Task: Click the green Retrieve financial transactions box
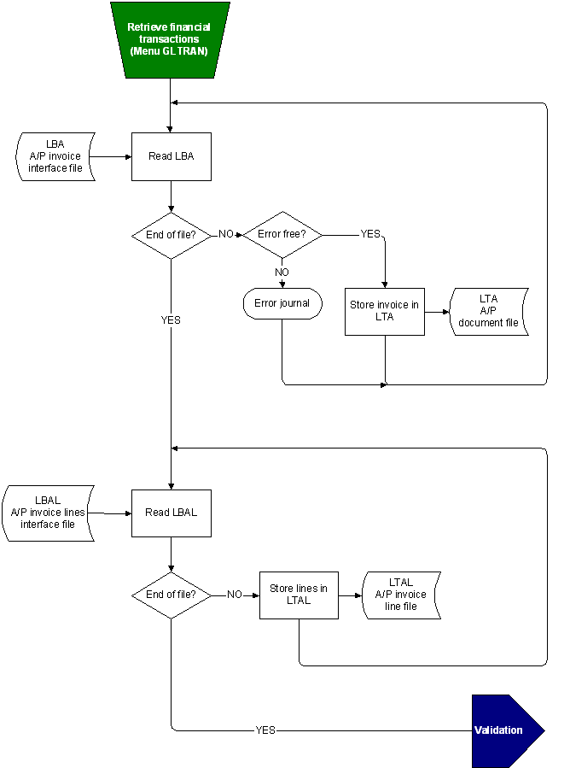pos(170,40)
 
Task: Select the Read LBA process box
pos(171,156)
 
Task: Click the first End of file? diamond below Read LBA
pos(171,235)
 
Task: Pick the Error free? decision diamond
pos(282,234)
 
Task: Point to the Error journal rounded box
pos(282,303)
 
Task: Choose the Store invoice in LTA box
pos(384,311)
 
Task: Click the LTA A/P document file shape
pos(488,311)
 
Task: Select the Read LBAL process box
pos(171,513)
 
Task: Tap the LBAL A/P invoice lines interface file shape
pos(48,513)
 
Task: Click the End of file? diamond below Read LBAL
pos(171,595)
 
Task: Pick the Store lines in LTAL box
pos(299,595)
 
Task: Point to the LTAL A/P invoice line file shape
pos(401,595)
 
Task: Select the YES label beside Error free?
pos(370,234)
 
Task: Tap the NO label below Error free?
pos(282,272)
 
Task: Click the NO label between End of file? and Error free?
pos(226,234)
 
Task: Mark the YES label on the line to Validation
pos(265,730)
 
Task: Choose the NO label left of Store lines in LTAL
pos(235,595)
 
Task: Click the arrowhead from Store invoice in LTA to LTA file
pos(445,312)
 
